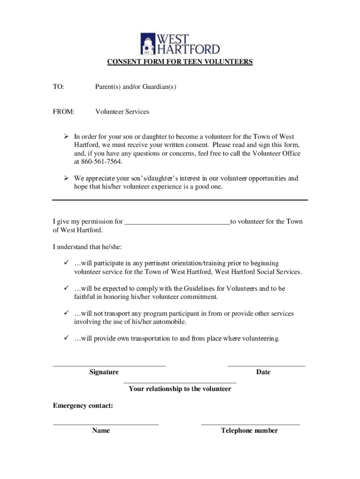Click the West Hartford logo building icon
tap(148, 44)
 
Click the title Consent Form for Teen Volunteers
tap(180, 62)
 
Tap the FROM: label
tap(63, 112)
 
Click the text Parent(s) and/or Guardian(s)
tap(136, 87)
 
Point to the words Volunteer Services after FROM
tap(122, 112)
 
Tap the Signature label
tap(104, 372)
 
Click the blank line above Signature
tap(109, 365)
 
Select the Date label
tap(263, 372)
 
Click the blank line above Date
tap(266, 365)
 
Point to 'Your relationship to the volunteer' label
tap(180, 389)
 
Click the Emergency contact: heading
tap(83, 406)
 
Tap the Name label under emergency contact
tap(101, 431)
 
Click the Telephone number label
tap(250, 431)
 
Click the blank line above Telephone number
tap(250, 424)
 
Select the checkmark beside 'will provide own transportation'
tap(66, 338)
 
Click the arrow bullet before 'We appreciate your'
tap(66, 178)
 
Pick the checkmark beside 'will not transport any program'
tap(66, 313)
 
